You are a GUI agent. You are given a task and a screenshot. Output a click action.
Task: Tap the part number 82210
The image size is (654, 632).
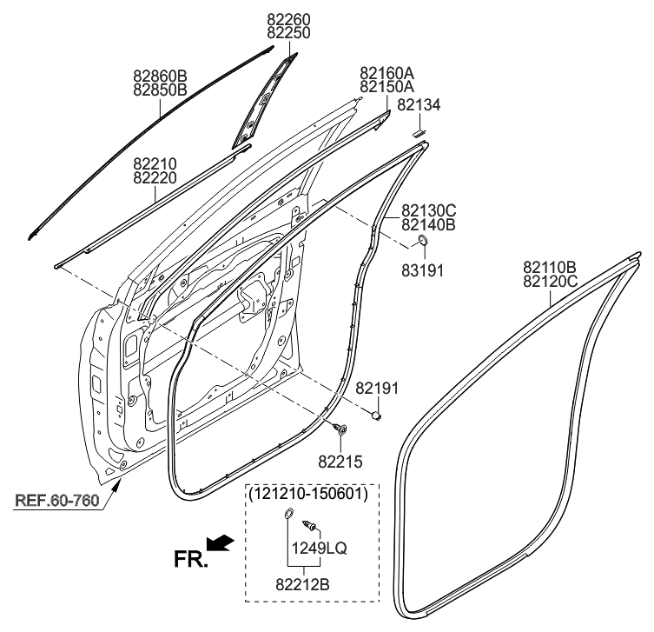(x=155, y=163)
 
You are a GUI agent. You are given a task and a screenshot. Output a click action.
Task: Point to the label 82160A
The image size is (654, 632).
(x=386, y=73)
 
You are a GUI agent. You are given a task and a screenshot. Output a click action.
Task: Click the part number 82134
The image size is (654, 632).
(x=419, y=105)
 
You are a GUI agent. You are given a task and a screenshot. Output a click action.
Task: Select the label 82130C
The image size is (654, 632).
(x=428, y=210)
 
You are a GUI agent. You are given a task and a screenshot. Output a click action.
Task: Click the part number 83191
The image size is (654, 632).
(x=422, y=270)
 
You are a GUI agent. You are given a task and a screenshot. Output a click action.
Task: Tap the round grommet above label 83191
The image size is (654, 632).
(x=422, y=240)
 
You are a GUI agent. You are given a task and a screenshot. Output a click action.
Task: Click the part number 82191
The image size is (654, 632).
(x=377, y=389)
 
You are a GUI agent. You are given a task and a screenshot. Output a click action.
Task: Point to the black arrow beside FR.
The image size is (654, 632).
(x=223, y=543)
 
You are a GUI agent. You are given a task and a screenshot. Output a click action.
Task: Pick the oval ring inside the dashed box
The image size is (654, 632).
(x=287, y=520)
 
